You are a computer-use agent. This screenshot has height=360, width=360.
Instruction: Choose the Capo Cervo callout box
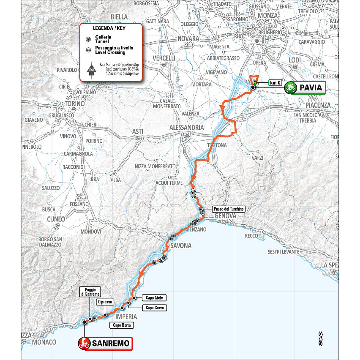pyautogui.click(x=155, y=308)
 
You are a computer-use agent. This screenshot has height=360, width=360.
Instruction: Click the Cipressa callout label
pyautogui.click(x=104, y=302)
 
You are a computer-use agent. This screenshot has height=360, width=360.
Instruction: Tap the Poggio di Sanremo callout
pyautogui.click(x=91, y=291)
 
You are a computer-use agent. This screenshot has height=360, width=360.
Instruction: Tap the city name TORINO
pyautogui.click(x=76, y=104)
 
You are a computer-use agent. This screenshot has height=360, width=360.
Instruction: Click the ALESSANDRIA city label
pyautogui.click(x=186, y=127)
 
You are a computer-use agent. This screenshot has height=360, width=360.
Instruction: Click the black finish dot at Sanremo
pyautogui.click(x=84, y=322)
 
